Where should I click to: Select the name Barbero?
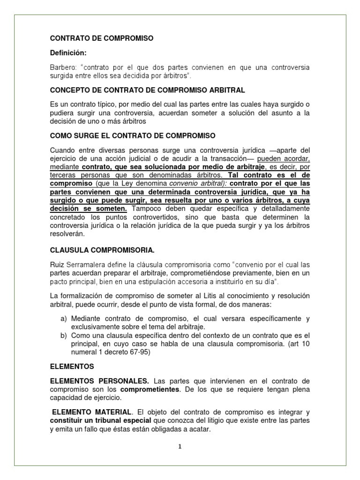coord(62,67)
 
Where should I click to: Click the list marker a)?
coord(64,318)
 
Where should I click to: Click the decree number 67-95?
coord(139,352)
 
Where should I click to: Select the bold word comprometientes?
coord(150,390)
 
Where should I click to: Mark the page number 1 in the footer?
coord(180,447)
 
